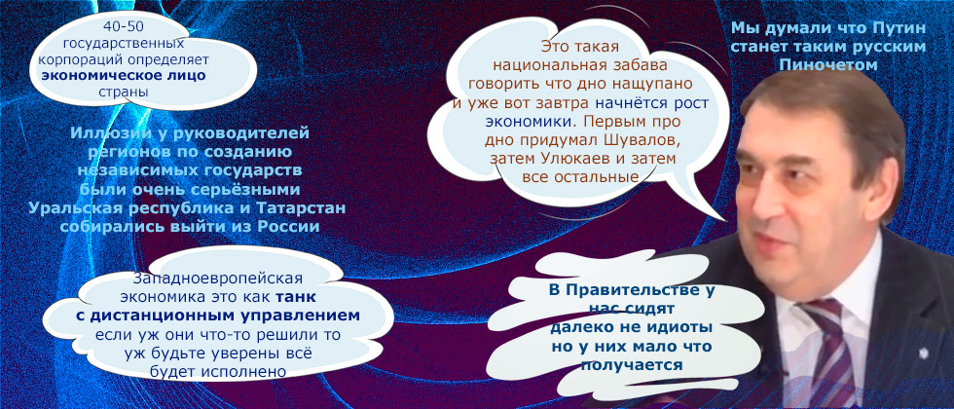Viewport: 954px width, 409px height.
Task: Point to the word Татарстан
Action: (297, 209)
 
